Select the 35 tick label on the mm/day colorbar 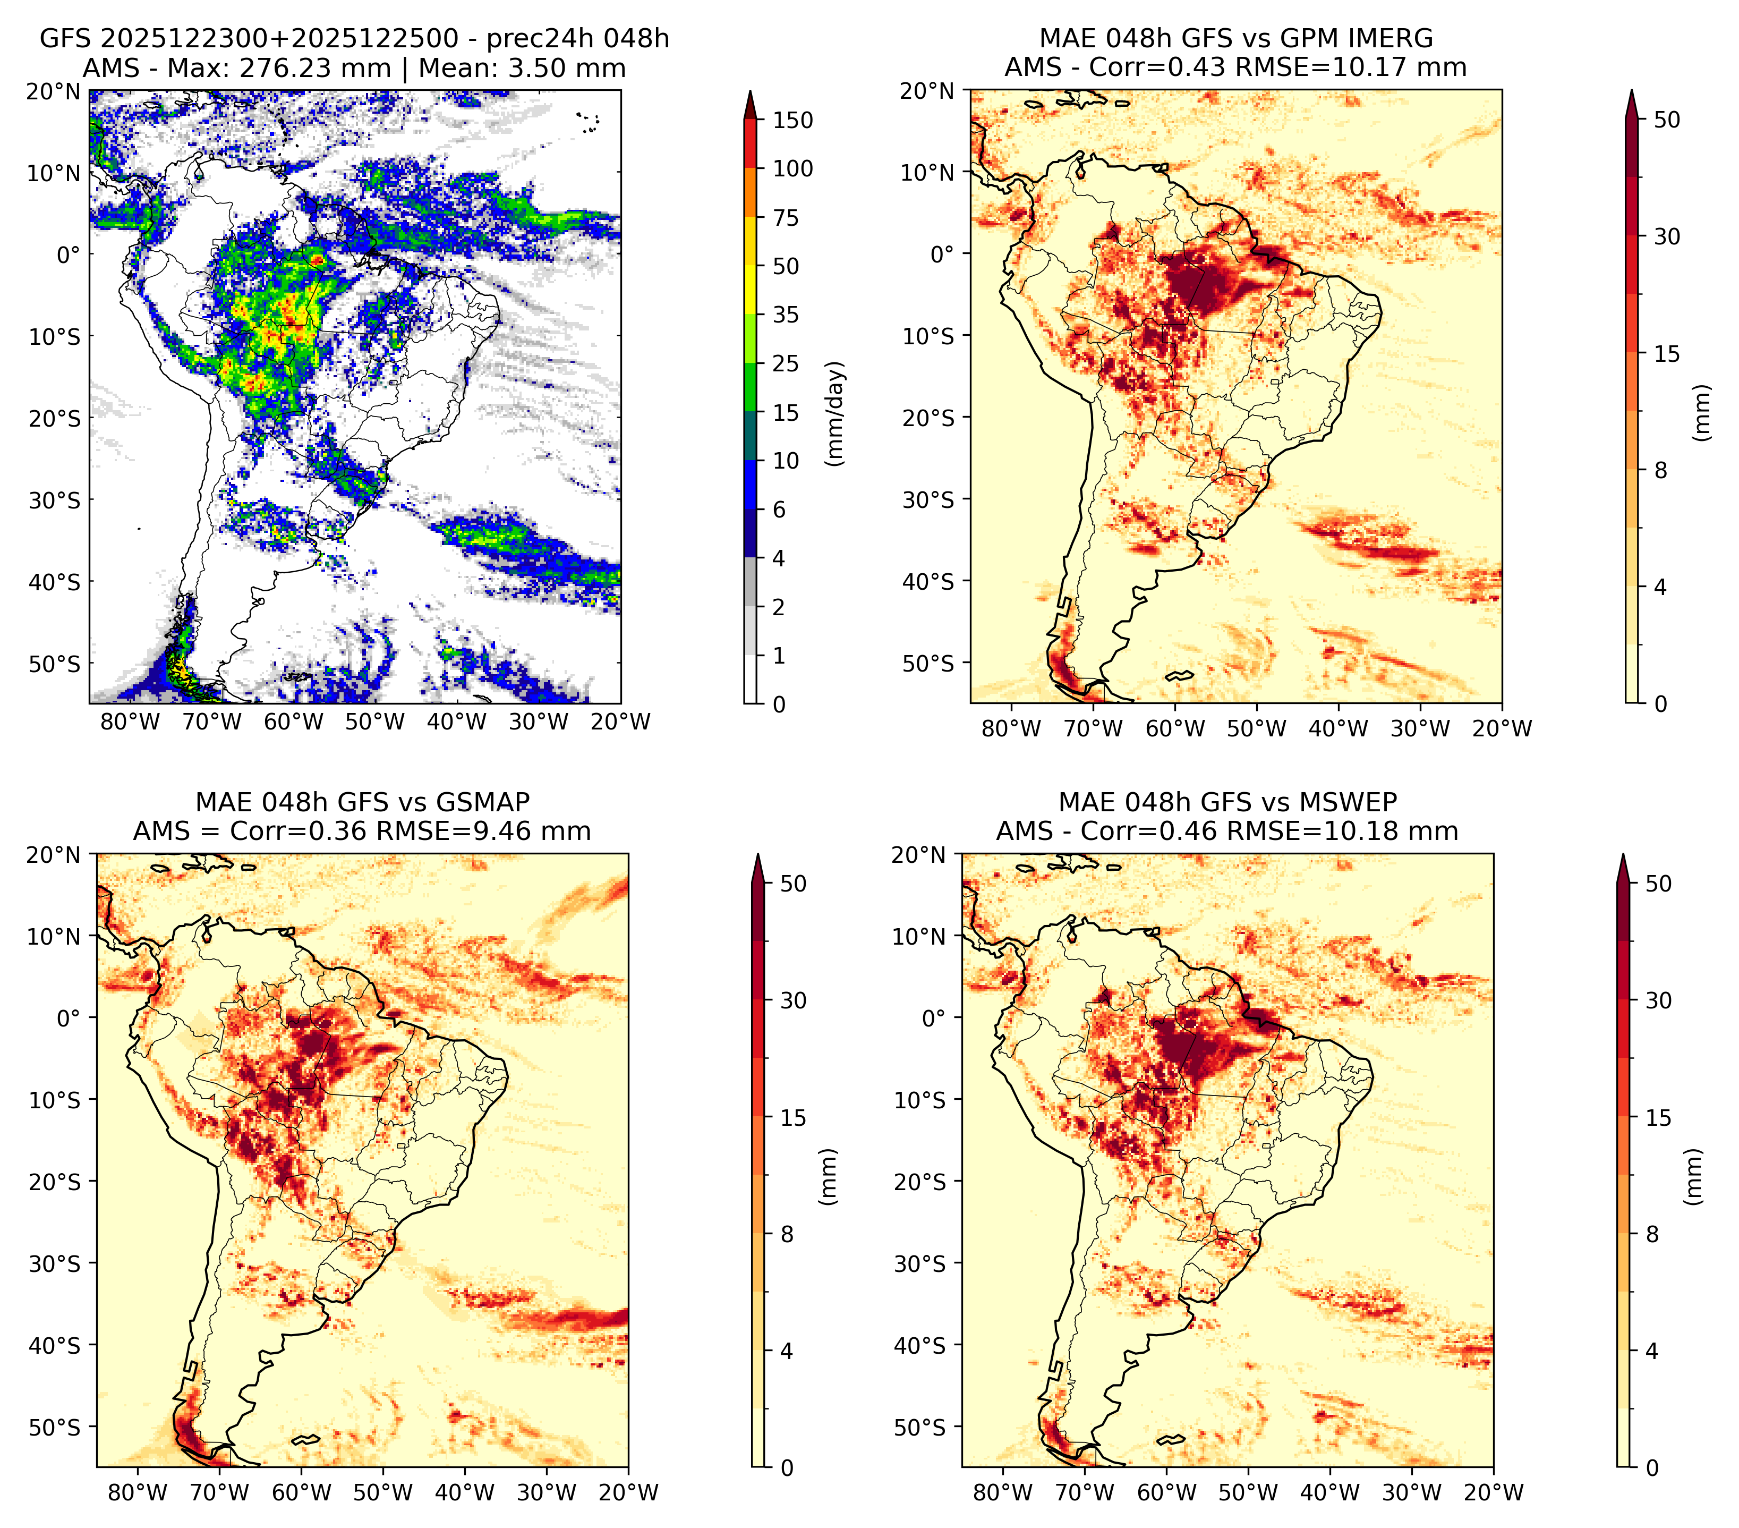(x=786, y=315)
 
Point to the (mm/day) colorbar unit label (x=837, y=413)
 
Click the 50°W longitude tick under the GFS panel (x=374, y=723)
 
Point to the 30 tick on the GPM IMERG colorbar (x=1667, y=236)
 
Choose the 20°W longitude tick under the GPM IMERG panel (x=1502, y=728)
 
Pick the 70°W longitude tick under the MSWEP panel (x=1085, y=1492)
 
